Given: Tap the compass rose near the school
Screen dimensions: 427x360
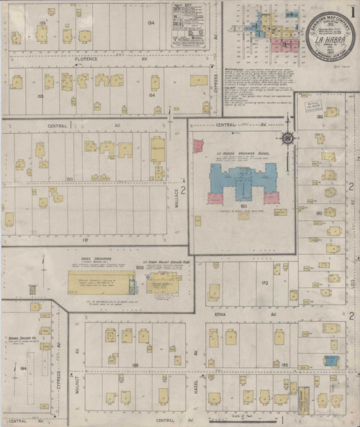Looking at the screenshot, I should click(287, 139).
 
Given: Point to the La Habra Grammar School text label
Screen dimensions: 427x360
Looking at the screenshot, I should click(241, 153).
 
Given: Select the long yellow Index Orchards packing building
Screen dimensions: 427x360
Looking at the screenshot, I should click(101, 282).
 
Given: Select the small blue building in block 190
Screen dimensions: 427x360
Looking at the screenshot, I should click(330, 361).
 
